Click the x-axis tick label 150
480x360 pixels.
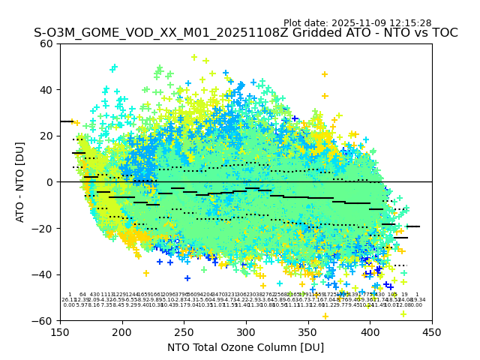pyautogui.click(x=60, y=331)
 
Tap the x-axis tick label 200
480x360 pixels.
pyautogui.click(x=122, y=331)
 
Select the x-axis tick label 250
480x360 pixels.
pyautogui.click(x=184, y=331)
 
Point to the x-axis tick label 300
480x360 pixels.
pyautogui.click(x=246, y=331)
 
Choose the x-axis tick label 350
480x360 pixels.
pyautogui.click(x=308, y=331)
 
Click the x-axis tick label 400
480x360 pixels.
pyautogui.click(x=370, y=331)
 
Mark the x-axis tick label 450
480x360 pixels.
pyautogui.click(x=432, y=331)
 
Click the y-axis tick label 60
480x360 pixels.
pyautogui.click(x=46, y=43)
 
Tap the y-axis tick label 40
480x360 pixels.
pyautogui.click(x=46, y=90)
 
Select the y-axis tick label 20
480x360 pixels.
pyautogui.click(x=46, y=136)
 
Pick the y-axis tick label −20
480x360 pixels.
pyautogui.click(x=43, y=228)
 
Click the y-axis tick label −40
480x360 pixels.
pyautogui.click(x=43, y=274)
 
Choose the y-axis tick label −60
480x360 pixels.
pyautogui.click(x=43, y=320)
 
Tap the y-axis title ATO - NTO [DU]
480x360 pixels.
pyautogui.click(x=21, y=182)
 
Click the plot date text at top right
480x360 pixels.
pyautogui.click(x=357, y=23)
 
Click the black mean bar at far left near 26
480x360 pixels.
pyautogui.click(x=67, y=121)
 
